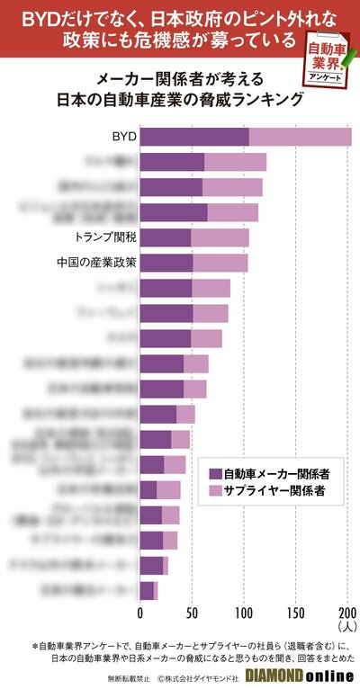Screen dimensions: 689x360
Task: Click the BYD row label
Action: tap(123, 137)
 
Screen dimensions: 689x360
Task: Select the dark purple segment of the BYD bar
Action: tap(194, 137)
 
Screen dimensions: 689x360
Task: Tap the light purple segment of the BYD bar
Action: tap(300, 137)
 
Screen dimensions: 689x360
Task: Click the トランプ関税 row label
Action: tap(105, 237)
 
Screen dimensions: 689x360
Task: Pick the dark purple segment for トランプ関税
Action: tap(166, 237)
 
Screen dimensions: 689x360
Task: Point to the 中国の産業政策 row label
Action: tap(96, 263)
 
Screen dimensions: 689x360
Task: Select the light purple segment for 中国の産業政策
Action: tap(220, 263)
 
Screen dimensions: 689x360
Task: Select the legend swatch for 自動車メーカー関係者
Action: tap(214, 473)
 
